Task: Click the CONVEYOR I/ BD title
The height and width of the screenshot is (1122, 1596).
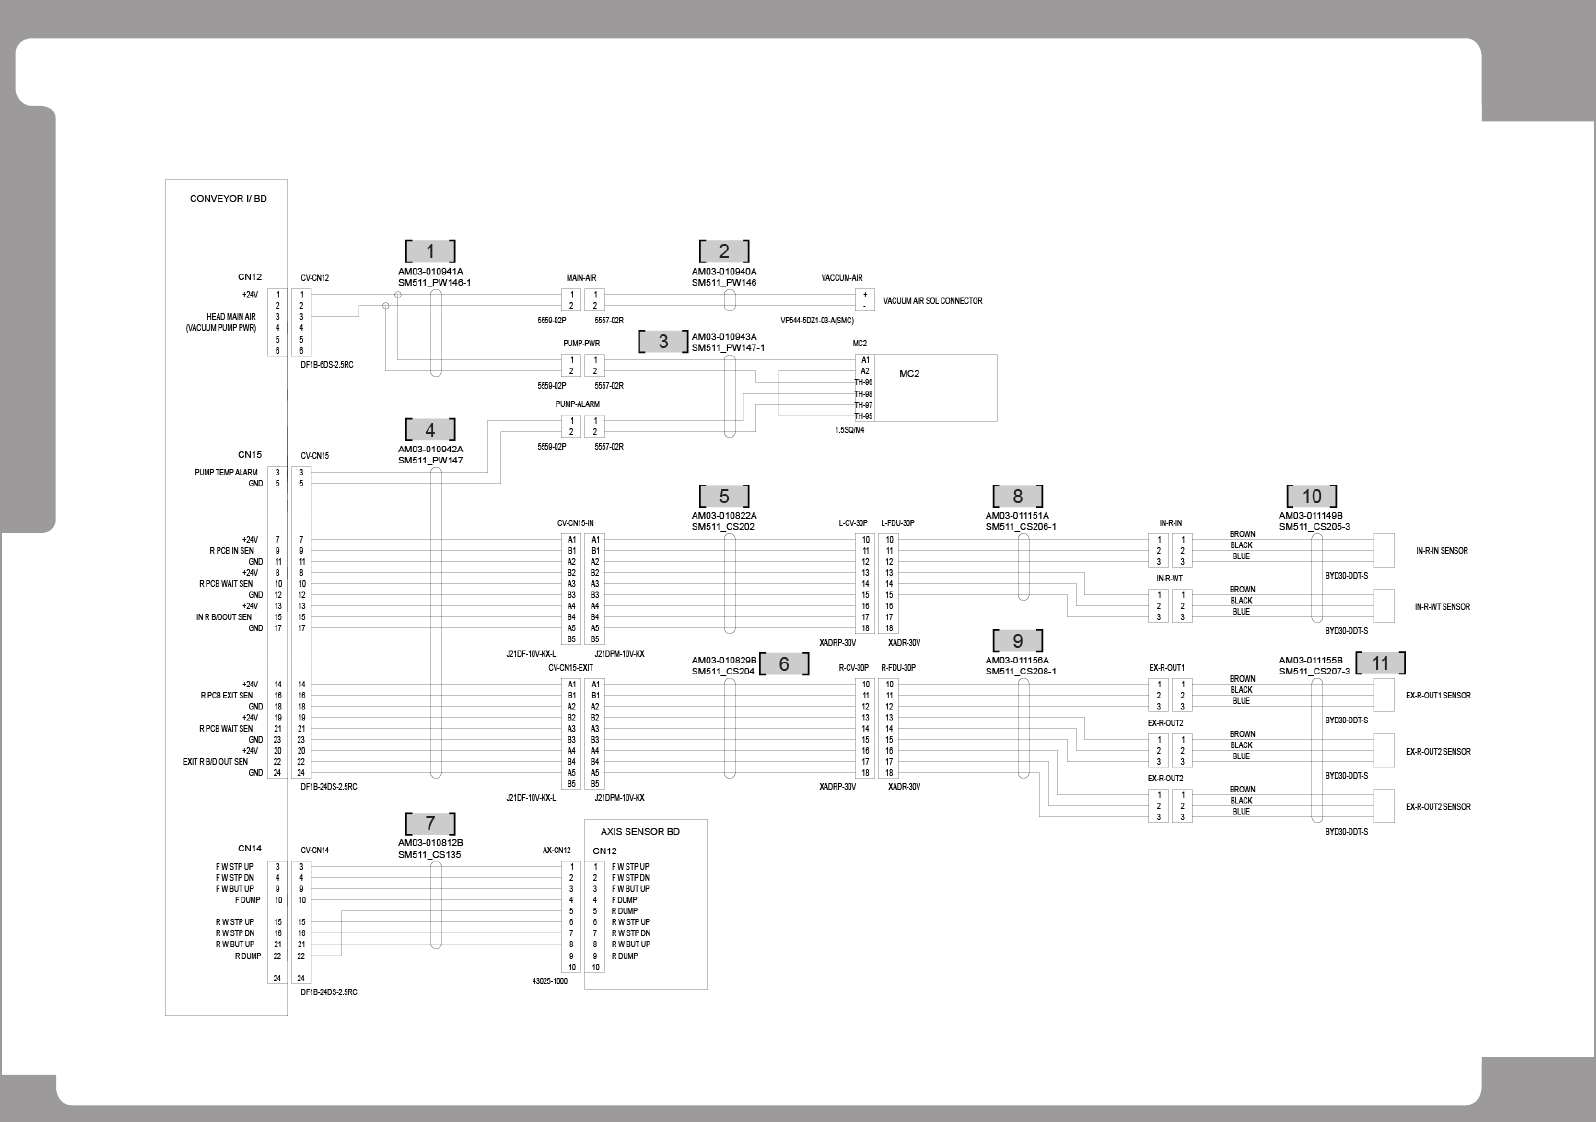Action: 228,199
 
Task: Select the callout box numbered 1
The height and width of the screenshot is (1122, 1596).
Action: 431,252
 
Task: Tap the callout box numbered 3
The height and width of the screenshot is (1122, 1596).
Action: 663,342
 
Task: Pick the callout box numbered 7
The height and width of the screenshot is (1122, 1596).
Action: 431,824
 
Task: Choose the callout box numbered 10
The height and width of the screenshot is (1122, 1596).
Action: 1311,497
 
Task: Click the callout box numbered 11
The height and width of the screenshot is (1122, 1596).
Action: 1380,663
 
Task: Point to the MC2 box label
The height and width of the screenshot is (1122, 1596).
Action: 909,374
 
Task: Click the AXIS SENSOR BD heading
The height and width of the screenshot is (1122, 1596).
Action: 640,832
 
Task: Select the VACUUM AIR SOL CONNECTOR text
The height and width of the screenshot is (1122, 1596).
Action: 932,301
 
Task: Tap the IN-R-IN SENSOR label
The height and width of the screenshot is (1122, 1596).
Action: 1441,551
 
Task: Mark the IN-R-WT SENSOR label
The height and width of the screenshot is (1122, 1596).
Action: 1441,607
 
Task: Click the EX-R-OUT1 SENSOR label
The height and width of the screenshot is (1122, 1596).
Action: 1438,695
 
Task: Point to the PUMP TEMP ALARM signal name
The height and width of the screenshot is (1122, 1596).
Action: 226,472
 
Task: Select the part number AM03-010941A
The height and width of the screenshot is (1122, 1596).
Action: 431,271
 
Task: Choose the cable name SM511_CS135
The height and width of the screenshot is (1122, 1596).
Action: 429,855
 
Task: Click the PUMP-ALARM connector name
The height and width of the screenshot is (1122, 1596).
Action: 577,404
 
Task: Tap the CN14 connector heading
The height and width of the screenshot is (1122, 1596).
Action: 250,849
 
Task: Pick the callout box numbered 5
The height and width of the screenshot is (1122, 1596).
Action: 724,497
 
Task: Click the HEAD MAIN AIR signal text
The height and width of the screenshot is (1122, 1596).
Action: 230,317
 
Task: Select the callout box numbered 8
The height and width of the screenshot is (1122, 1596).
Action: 1017,497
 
